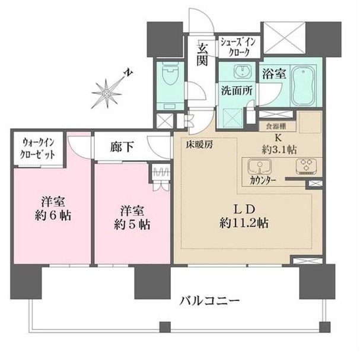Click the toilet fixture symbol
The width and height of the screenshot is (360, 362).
(170, 72)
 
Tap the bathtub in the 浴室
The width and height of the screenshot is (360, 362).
(303, 85)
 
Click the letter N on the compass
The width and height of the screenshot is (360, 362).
(128, 72)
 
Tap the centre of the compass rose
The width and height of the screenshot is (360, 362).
(106, 94)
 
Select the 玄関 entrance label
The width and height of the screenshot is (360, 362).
(202, 55)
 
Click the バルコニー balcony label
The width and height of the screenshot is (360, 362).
(210, 301)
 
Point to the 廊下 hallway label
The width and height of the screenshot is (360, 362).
(122, 147)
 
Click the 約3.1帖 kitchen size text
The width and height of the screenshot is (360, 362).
(279, 150)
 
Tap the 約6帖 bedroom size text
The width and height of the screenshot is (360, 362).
(53, 215)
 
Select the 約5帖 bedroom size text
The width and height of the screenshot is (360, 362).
(132, 224)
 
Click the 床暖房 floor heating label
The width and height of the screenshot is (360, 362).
(200, 145)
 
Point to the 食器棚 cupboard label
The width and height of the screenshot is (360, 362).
(276, 126)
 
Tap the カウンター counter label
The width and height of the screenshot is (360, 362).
(263, 181)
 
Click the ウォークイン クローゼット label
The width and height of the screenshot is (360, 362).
(38, 148)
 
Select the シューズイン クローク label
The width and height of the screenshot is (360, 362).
(238, 47)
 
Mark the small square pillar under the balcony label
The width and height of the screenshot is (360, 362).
(165, 327)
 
